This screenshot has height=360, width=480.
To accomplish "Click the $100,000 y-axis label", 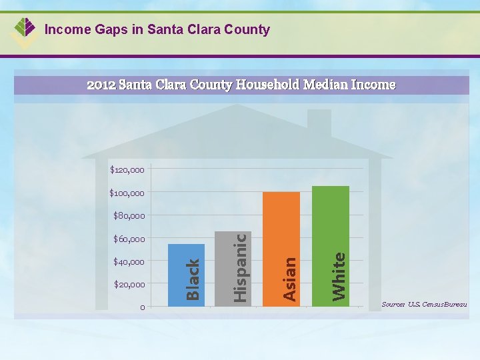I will pos(127,193).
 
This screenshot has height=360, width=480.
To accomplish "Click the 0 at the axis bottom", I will pos(142,307).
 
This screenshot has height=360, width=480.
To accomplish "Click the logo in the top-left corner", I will pos(25,31).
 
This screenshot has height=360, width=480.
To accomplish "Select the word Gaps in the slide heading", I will pos(101,30).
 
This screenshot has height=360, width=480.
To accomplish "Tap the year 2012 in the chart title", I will pos(102,85).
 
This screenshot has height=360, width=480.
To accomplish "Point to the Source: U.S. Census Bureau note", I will pos(424,305).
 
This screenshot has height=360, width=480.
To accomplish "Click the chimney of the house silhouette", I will pos(319,123).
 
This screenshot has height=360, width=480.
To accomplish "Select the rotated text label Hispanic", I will pos(241,266).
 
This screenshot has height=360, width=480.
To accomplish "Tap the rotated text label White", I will pos(339,275).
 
